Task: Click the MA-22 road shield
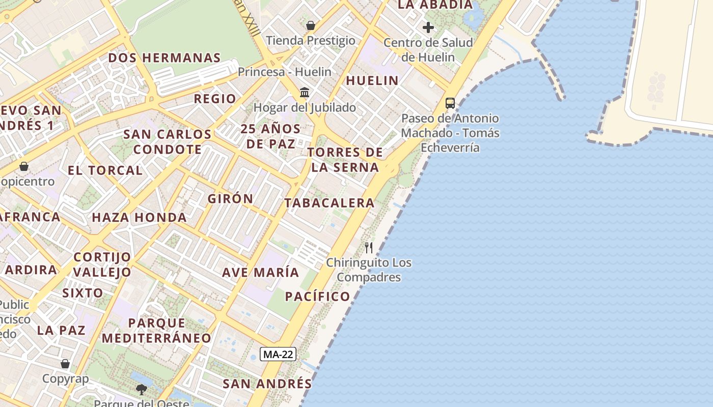click(x=278, y=354)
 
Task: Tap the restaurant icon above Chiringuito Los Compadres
click(x=369, y=248)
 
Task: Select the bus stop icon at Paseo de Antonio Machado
click(x=450, y=103)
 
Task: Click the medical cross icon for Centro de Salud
click(x=428, y=27)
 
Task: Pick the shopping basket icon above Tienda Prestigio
click(x=311, y=25)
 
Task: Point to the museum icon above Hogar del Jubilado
click(x=305, y=92)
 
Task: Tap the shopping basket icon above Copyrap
click(x=65, y=364)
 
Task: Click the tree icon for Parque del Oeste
click(x=142, y=390)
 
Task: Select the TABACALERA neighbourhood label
click(x=330, y=203)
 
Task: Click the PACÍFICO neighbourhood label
click(x=318, y=297)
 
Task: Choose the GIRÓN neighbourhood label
click(x=230, y=199)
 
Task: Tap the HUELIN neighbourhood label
click(x=372, y=80)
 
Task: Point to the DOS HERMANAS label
click(x=164, y=58)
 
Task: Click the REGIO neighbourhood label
click(x=215, y=99)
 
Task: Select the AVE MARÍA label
click(x=260, y=272)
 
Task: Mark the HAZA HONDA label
click(x=139, y=218)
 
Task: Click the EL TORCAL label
click(x=105, y=170)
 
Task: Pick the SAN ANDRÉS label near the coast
click(x=267, y=384)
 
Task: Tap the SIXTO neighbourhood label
click(x=83, y=293)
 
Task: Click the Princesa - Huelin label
click(x=285, y=72)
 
